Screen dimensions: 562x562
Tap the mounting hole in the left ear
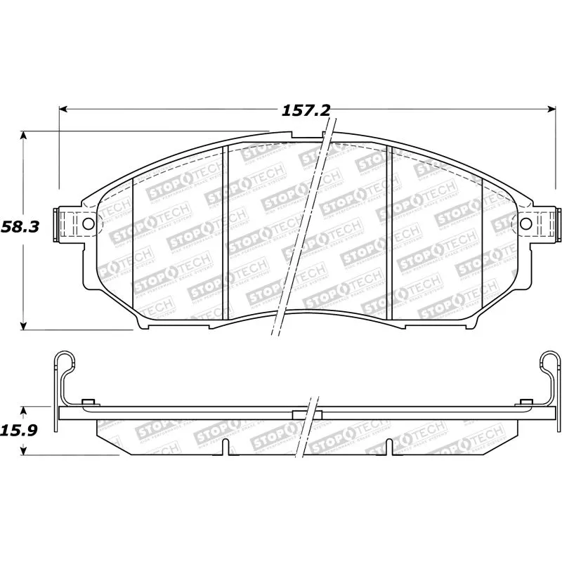tap(88, 223)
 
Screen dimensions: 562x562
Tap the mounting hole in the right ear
tap(525, 223)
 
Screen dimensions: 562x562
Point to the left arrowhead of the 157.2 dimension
tap(63, 109)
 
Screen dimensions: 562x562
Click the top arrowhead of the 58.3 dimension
tap(25, 135)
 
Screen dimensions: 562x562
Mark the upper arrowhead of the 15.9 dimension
tap(25, 409)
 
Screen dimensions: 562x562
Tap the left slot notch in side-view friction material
tap(223, 447)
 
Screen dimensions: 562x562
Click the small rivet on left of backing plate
tap(88, 403)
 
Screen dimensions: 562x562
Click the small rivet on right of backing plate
tap(524, 403)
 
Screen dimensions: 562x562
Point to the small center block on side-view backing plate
tap(306, 414)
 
